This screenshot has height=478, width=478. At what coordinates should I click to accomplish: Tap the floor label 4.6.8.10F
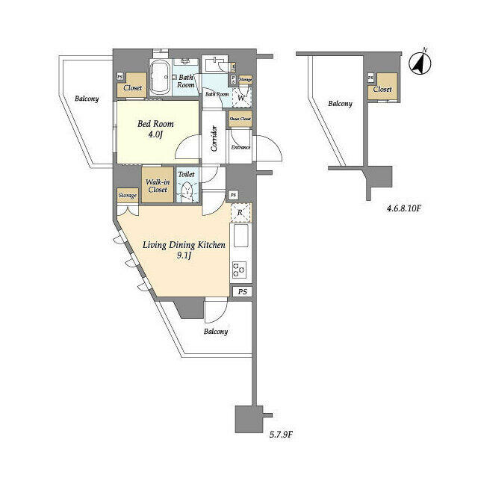pyautogui.click(x=404, y=210)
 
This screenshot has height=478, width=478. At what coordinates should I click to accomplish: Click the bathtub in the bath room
pyautogui.click(x=160, y=78)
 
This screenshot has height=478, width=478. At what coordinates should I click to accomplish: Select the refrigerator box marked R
pyautogui.click(x=240, y=213)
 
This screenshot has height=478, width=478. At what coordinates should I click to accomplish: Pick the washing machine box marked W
pyautogui.click(x=241, y=96)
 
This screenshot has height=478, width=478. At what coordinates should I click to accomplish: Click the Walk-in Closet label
pyautogui.click(x=156, y=185)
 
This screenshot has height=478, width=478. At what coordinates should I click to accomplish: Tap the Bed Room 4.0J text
pyautogui.click(x=155, y=130)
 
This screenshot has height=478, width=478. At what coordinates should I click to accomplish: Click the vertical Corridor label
pyautogui.click(x=214, y=138)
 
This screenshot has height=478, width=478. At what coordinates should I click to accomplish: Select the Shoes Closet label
pyautogui.click(x=240, y=119)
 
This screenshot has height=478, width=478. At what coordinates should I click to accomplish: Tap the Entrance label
pyautogui.click(x=240, y=147)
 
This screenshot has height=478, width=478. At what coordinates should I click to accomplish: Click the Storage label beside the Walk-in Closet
pyautogui.click(x=127, y=195)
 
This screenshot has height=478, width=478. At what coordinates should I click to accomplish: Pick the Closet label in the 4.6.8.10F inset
pyautogui.click(x=382, y=89)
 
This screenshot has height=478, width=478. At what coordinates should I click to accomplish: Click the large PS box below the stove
pyautogui.click(x=241, y=292)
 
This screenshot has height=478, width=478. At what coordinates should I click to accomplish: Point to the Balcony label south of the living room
pyautogui.click(x=215, y=331)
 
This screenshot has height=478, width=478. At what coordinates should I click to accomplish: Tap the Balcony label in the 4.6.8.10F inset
pyautogui.click(x=340, y=104)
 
